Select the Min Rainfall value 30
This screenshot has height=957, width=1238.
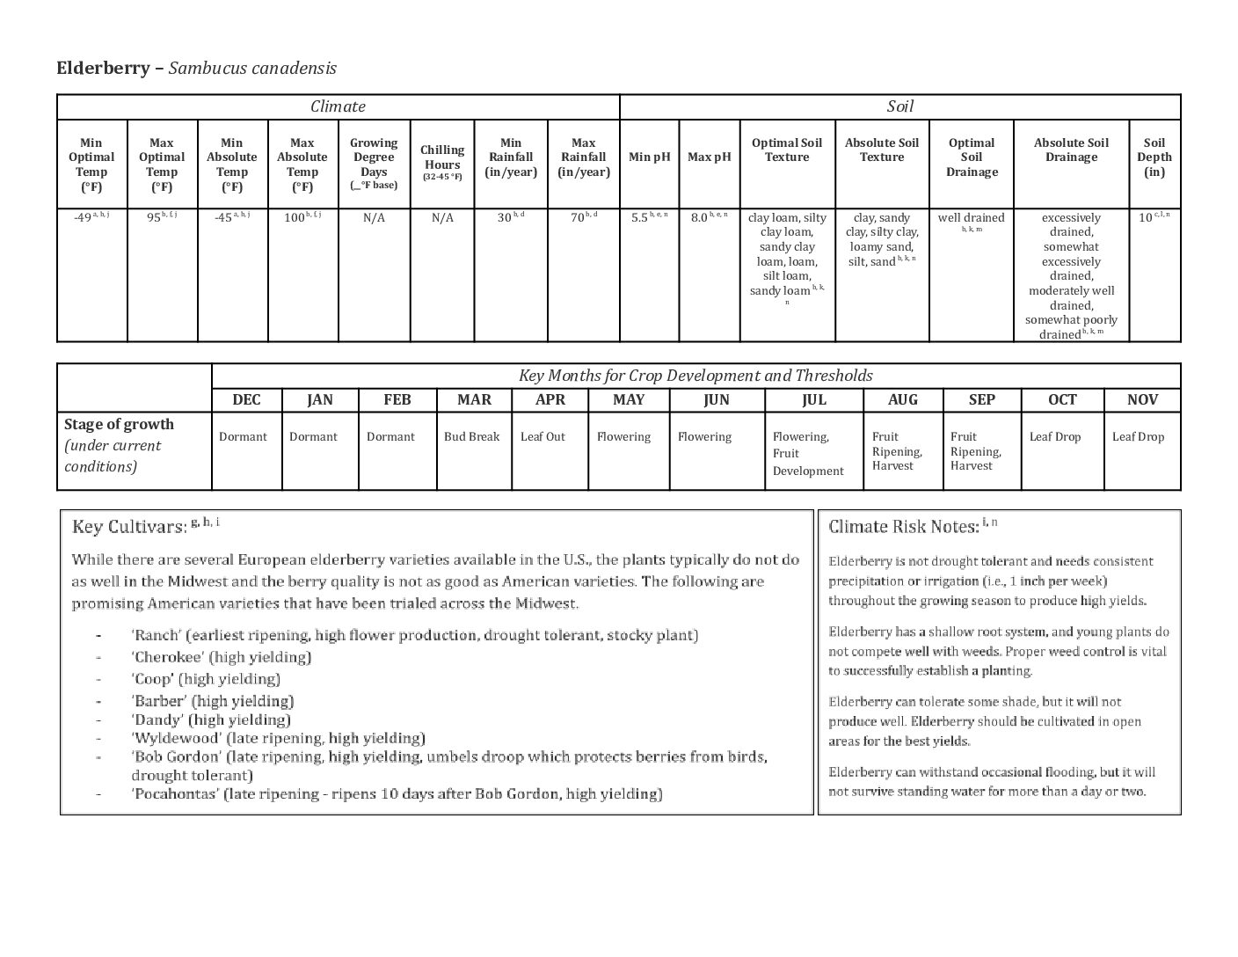506,217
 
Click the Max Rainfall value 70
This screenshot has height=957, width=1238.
579,217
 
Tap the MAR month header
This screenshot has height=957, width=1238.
474,399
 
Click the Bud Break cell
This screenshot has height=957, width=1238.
471,436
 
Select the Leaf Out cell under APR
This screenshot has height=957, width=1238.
543,436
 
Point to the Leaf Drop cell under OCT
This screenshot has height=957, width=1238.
1055,436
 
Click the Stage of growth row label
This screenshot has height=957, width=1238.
119,424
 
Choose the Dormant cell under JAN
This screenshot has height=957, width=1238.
313,436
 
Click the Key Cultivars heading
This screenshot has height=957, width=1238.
129,527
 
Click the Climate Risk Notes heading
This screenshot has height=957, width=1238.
903,527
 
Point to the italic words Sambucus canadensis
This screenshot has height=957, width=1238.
252,68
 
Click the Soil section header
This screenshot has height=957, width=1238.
899,106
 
